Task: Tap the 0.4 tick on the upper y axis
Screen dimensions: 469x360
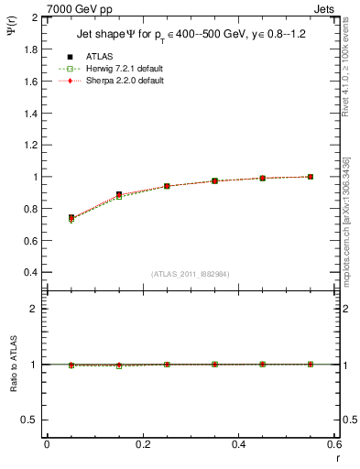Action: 26,273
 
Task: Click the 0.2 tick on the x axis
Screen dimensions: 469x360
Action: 142,445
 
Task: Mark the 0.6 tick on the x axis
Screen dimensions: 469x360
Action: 333,445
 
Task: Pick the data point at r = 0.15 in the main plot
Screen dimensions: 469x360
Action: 119,195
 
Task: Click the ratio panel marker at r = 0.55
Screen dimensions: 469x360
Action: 311,365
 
